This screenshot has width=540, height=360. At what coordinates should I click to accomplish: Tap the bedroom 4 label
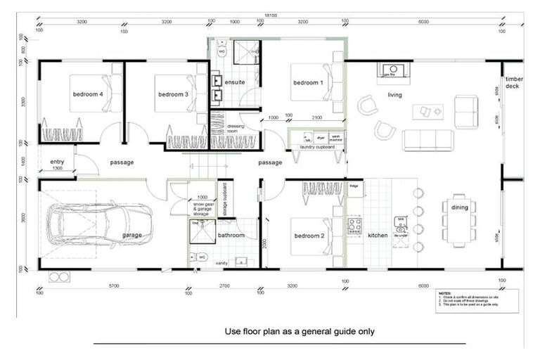point(87,94)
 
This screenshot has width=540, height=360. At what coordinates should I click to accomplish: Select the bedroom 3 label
point(172,94)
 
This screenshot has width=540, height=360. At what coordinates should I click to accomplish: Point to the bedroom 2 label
point(309,236)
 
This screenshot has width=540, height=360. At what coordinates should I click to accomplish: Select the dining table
point(458,219)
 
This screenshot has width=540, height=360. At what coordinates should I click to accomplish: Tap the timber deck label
point(513,83)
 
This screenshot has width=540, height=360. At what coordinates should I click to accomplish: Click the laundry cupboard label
point(316,148)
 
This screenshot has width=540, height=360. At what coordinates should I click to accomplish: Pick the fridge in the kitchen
point(354,186)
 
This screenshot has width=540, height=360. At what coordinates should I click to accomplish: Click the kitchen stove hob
point(354,226)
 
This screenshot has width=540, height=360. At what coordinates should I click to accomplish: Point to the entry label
point(57,162)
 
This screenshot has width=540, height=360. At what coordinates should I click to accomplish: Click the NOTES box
point(477,300)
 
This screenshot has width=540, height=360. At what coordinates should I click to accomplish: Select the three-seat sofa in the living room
point(427,140)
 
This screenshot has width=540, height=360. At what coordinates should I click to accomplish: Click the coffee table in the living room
point(427,111)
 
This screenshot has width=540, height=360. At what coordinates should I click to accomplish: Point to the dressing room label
point(235,129)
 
